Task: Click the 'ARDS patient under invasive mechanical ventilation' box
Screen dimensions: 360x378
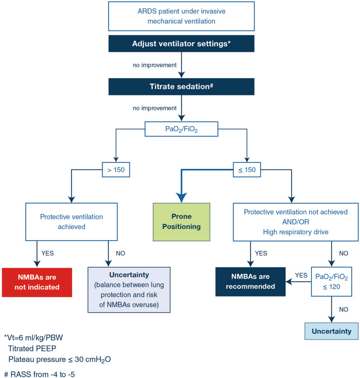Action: click(x=181, y=16)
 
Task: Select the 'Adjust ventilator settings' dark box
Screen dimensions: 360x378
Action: click(x=181, y=43)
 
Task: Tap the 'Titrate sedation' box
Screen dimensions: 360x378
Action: click(x=181, y=87)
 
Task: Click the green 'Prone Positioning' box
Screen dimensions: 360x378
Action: click(x=181, y=222)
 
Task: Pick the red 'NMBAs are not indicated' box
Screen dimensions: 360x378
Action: click(x=37, y=282)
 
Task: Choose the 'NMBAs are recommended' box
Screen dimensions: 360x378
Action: click(x=250, y=282)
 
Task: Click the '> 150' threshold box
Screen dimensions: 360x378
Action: click(x=116, y=170)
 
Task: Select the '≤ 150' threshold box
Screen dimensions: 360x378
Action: click(x=247, y=170)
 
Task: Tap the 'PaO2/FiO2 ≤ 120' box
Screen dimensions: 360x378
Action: click(x=331, y=282)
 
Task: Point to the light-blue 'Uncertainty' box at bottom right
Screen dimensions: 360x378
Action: click(x=331, y=331)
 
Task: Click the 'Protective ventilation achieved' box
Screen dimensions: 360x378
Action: click(x=72, y=222)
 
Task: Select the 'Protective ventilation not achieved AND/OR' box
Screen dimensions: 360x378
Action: click(x=296, y=222)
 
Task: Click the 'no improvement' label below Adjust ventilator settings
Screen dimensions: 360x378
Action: click(x=155, y=65)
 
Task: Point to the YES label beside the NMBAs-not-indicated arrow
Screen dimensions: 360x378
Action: click(x=48, y=254)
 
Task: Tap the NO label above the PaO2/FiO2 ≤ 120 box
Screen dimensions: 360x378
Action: click(x=344, y=254)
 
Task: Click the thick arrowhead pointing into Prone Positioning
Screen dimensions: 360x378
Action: click(x=181, y=198)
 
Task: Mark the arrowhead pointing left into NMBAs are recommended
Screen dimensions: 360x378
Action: click(x=289, y=282)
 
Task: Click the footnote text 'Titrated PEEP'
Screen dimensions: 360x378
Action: click(x=32, y=348)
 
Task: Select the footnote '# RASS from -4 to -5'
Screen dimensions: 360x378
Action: click(x=39, y=374)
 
